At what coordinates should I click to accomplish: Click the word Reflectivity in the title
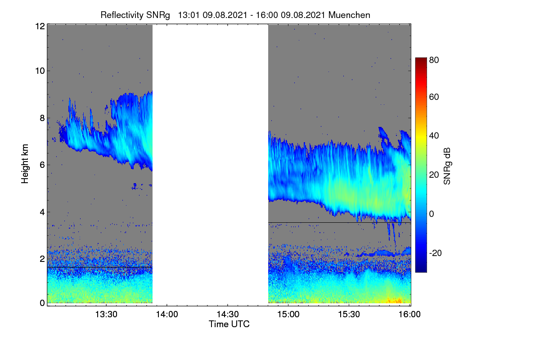point(122,15)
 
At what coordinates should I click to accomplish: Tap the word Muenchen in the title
point(349,15)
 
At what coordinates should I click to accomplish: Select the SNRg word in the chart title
point(158,15)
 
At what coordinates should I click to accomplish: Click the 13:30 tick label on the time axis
point(106,314)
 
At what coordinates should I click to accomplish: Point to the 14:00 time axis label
point(167,314)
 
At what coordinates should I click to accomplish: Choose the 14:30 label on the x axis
point(228,314)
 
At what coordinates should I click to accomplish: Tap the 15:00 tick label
point(288,314)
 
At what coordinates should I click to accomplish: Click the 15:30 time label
point(349,314)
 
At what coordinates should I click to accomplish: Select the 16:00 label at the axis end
point(409,314)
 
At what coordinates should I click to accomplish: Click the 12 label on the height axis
point(40,26)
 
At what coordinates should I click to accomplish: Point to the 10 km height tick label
point(40,71)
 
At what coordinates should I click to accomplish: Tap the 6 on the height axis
point(42,165)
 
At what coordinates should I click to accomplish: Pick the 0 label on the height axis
point(42,303)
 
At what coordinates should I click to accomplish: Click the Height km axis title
point(25,164)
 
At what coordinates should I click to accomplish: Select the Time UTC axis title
point(229,324)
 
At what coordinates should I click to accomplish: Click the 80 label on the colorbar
point(434,60)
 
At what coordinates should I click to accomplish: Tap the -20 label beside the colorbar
point(436,253)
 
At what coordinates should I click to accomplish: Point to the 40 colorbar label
point(434,136)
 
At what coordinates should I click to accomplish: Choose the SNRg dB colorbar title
point(447,166)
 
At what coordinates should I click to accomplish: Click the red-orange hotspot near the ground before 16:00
point(394,301)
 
